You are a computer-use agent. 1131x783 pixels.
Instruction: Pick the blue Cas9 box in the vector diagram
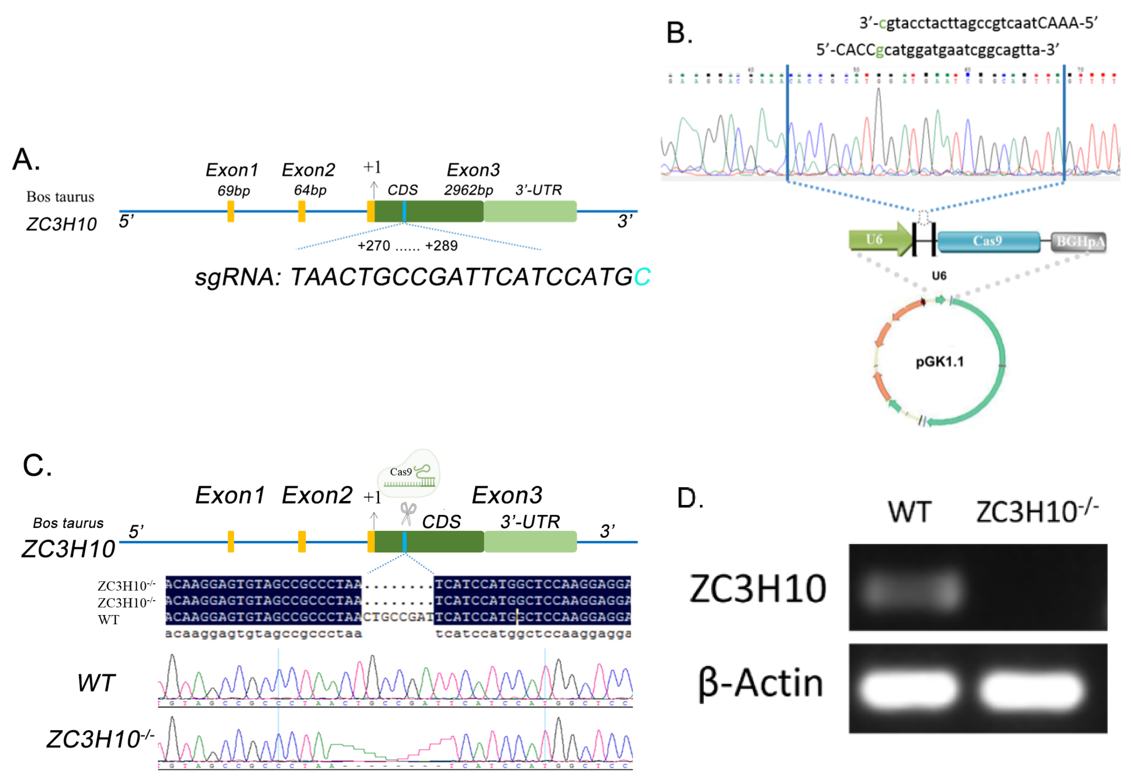[x=988, y=241]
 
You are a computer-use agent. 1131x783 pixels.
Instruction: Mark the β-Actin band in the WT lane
[x=909, y=689]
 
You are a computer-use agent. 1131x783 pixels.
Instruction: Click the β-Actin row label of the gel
[x=761, y=683]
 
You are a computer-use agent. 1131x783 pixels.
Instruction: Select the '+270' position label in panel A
[x=373, y=246]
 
